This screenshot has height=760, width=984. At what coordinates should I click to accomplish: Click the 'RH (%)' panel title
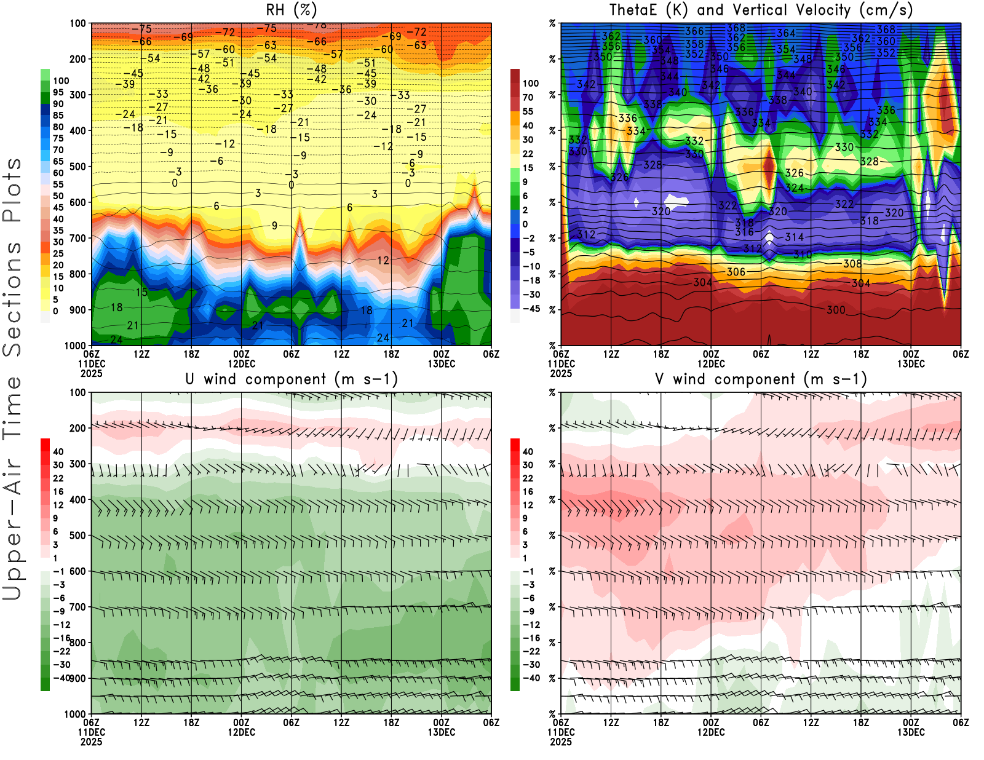(x=292, y=10)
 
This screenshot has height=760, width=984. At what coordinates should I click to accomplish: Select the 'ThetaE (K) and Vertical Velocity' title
(x=761, y=10)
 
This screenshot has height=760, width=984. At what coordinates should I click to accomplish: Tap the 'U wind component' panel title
(x=292, y=379)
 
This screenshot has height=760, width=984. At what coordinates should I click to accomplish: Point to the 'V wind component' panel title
(x=761, y=379)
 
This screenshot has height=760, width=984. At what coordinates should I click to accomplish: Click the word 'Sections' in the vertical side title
(x=12, y=298)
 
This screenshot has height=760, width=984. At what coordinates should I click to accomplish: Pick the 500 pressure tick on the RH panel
(x=77, y=166)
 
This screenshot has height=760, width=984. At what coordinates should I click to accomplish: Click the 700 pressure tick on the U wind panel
(x=77, y=607)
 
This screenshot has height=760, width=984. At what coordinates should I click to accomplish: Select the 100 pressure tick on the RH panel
(x=77, y=23)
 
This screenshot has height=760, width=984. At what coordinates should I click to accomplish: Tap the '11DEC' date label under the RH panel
(x=91, y=363)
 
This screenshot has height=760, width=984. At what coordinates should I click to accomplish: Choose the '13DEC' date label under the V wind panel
(x=911, y=732)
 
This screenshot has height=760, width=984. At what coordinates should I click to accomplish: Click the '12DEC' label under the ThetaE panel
(x=711, y=363)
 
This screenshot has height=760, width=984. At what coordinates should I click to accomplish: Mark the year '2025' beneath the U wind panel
(x=91, y=742)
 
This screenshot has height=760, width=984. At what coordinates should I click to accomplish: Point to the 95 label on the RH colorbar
(x=58, y=92)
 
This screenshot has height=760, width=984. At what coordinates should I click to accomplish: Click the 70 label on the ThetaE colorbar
(x=528, y=97)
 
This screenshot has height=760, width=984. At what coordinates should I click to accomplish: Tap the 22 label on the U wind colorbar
(x=58, y=478)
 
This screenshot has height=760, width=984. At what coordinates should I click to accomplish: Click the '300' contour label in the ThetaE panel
(x=835, y=310)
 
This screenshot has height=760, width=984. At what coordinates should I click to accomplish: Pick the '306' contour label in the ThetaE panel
(x=736, y=272)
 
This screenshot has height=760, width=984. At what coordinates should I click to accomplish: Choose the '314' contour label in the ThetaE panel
(x=794, y=237)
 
